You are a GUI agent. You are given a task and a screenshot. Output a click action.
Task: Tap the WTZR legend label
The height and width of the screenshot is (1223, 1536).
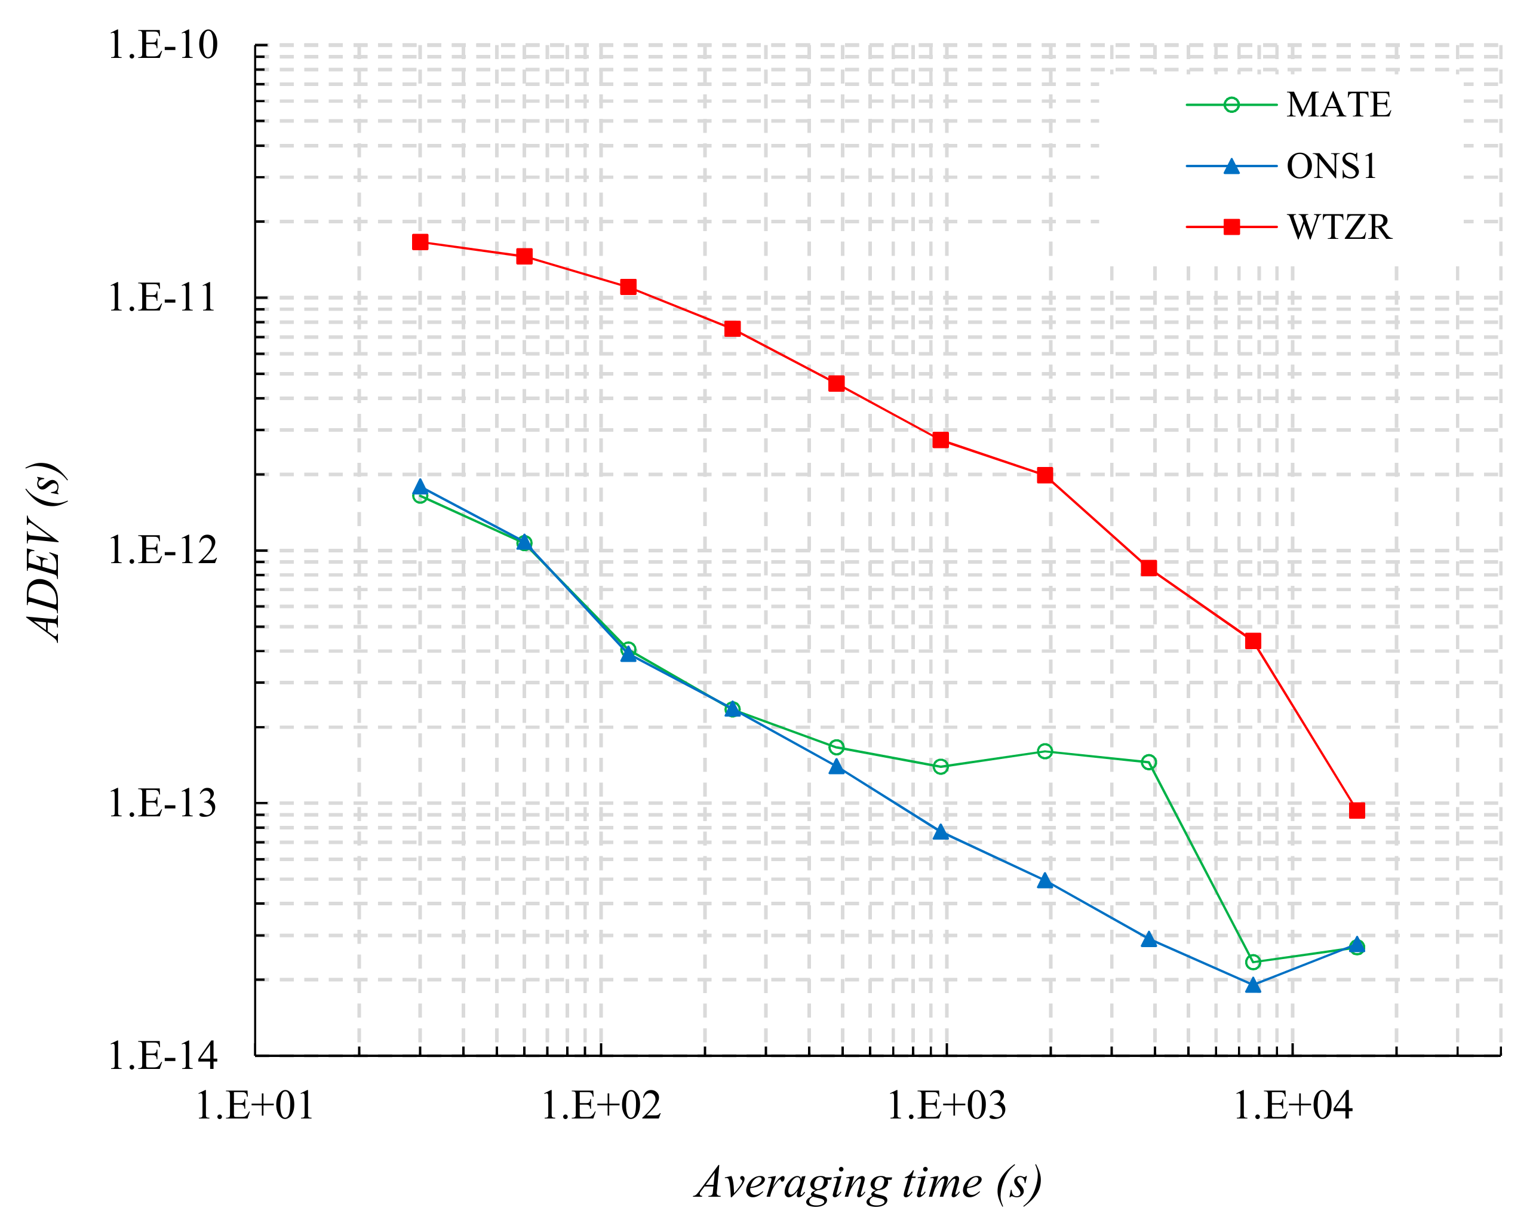point(1339,228)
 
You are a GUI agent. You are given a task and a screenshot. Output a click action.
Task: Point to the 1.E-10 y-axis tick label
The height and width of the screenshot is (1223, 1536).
point(162,45)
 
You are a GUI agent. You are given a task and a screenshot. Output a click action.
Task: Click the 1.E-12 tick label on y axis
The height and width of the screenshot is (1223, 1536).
point(162,551)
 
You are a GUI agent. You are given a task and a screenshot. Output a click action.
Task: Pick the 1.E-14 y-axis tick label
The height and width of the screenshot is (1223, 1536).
point(162,1056)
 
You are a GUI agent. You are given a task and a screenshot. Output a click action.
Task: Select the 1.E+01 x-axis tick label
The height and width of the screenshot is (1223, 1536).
point(254,1106)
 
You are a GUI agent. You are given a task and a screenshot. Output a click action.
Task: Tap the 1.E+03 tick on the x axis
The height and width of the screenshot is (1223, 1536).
point(946,1106)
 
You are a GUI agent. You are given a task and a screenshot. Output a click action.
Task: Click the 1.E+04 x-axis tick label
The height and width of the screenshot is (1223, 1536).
point(1292,1106)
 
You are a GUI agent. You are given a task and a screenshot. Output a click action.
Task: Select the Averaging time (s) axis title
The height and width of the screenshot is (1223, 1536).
point(868,1183)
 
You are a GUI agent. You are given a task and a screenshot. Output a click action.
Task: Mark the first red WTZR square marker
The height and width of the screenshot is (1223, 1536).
point(420,242)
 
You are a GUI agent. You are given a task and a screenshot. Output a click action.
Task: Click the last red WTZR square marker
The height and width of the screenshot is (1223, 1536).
point(1357,810)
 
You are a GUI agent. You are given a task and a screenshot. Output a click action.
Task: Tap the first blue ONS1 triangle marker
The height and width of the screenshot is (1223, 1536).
point(420,488)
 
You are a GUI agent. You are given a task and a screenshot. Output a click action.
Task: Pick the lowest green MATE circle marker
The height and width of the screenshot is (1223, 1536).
point(1253,962)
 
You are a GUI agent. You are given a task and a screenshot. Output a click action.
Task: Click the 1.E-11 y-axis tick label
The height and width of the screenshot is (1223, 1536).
point(162,298)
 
